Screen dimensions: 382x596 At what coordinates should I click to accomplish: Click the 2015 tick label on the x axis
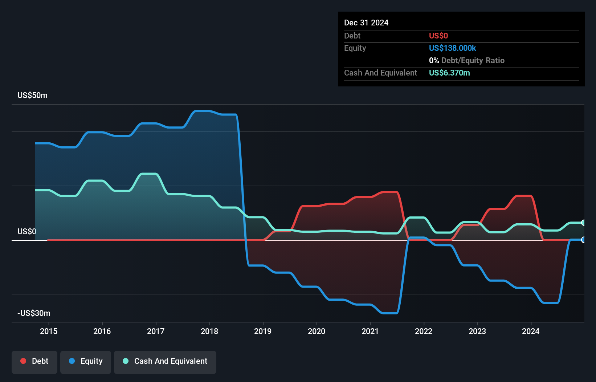point(49,331)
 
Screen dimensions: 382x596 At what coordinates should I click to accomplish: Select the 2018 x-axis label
point(209,331)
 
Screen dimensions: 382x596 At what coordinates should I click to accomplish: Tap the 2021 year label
point(370,331)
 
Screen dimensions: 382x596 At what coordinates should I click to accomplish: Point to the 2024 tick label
point(531,331)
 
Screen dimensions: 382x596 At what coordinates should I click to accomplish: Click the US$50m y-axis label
point(32,95)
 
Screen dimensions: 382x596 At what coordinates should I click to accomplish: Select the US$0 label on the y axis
point(27,232)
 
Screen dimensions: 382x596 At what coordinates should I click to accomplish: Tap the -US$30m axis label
point(34,313)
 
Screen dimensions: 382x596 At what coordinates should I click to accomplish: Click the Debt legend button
point(34,361)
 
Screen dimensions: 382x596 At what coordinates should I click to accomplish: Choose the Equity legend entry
point(86,361)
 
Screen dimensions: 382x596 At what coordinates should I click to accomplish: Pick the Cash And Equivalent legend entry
point(165,361)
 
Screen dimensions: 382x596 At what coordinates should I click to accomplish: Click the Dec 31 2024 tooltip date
point(366,23)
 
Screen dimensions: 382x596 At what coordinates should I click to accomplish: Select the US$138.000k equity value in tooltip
point(452,48)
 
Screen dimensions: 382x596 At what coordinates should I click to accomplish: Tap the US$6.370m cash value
point(449,73)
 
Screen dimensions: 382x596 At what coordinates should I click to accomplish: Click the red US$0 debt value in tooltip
point(438,36)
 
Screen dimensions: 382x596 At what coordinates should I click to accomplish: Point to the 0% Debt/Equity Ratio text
point(466,61)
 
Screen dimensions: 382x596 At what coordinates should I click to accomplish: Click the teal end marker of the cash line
point(583,223)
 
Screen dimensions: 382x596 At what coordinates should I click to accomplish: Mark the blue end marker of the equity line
point(583,240)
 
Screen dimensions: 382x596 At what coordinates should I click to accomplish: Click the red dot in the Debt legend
point(23,361)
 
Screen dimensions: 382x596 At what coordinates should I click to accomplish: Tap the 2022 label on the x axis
point(424,331)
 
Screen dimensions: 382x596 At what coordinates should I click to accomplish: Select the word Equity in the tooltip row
point(355,48)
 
